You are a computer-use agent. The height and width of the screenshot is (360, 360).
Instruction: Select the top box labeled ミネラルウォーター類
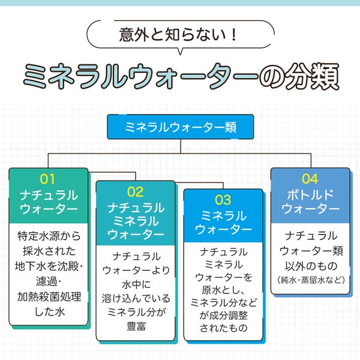pyautogui.click(x=180, y=128)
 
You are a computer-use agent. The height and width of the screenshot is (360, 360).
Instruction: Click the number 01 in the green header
pyautogui.click(x=48, y=179)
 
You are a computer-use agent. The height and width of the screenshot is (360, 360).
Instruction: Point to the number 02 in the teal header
pyautogui.click(x=136, y=192)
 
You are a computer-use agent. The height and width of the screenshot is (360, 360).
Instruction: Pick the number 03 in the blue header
pyautogui.click(x=223, y=200)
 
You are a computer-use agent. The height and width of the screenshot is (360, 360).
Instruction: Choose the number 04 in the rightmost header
pyautogui.click(x=310, y=179)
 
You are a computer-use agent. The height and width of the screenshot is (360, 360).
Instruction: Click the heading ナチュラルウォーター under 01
pyautogui.click(x=48, y=203)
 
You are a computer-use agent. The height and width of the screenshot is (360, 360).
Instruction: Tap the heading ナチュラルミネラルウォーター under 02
pyautogui.click(x=136, y=221)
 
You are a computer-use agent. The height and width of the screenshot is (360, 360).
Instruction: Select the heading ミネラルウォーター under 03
pyautogui.click(x=223, y=223)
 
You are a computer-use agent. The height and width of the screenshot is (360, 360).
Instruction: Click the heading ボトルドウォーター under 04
pyautogui.click(x=310, y=202)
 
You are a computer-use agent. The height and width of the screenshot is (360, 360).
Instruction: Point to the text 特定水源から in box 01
pyautogui.click(x=48, y=235)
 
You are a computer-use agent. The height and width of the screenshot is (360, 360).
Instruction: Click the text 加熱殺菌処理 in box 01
pyautogui.click(x=48, y=297)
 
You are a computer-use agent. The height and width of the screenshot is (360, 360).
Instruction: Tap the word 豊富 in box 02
pyautogui.click(x=136, y=327)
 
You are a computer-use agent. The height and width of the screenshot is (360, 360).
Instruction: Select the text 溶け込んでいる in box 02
pyautogui.click(x=136, y=298)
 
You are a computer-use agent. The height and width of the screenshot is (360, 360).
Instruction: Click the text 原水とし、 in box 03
pyautogui.click(x=223, y=291)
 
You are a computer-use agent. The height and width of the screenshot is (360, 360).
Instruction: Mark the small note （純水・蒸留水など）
pyautogui.click(x=310, y=280)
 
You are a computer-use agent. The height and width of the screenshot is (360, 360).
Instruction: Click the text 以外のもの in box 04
pyautogui.click(x=310, y=265)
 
